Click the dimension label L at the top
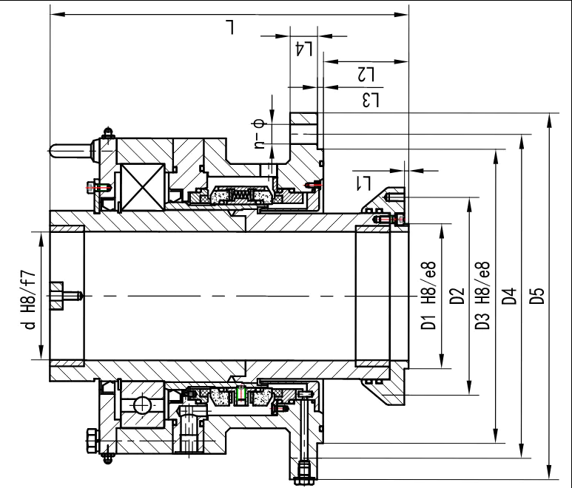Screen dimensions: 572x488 coord(230,27)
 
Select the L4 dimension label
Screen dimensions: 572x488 coord(303,50)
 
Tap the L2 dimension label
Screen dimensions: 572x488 coord(366,75)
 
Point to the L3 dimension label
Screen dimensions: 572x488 coord(371,101)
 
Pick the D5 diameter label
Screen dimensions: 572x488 coord(537,296)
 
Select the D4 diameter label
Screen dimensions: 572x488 coord(510,296)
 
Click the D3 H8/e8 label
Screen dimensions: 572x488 coord(482,296)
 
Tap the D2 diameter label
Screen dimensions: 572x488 coord(457,296)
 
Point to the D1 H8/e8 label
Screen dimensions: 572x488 coord(428,296)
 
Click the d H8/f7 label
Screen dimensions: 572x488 coord(30,299)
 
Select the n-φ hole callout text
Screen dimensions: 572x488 coord(259,134)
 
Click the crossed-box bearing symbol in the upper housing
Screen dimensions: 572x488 coord(143,187)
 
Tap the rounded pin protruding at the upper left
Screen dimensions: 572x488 coord(70,151)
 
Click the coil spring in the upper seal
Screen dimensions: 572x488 coord(241,196)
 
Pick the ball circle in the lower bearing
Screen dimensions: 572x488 coord(141,405)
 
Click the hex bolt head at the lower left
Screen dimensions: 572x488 coord(92,441)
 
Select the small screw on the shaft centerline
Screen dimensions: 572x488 coord(66,296)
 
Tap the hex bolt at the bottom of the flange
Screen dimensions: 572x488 coord(304,472)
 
